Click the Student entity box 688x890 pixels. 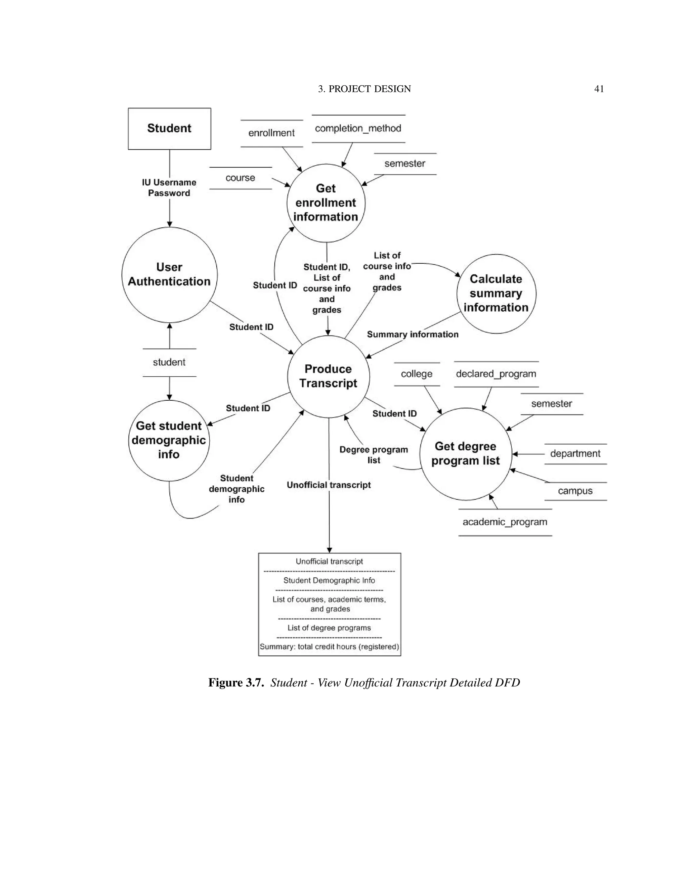click(169, 128)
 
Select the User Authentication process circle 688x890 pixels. click(169, 275)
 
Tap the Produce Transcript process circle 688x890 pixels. click(328, 376)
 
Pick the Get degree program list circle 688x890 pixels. click(466, 453)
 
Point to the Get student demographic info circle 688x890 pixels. click(169, 440)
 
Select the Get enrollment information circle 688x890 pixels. click(325, 203)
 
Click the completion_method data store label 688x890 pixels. click(358, 128)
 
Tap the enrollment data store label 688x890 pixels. click(271, 133)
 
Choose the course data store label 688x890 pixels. click(240, 178)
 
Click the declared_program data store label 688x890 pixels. click(496, 374)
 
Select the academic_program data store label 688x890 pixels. click(505, 522)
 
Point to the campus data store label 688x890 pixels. click(575, 491)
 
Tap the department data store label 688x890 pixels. click(575, 453)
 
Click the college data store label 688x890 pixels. click(417, 374)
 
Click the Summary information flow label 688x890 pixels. click(413, 335)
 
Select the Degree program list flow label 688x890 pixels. click(373, 455)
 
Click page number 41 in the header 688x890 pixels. click(599, 89)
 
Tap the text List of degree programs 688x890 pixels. click(329, 628)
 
